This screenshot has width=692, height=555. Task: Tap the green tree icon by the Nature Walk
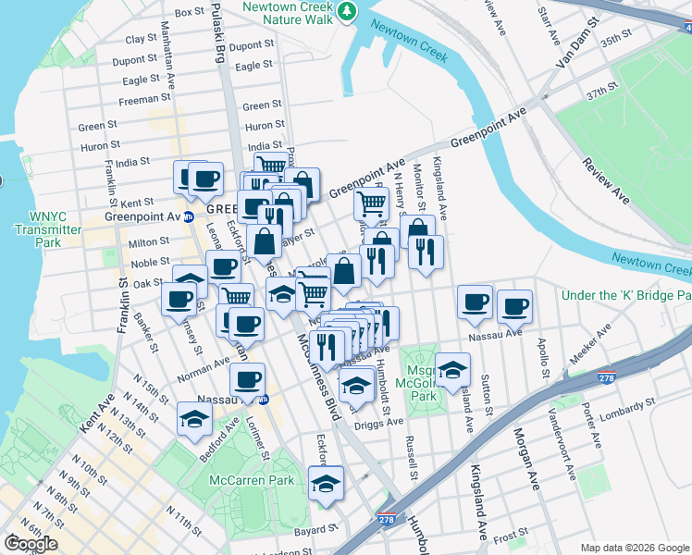pos(347,11)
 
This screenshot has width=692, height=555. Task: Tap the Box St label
pos(189,12)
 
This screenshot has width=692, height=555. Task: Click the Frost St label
pos(512,536)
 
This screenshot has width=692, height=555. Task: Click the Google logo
pos(31,544)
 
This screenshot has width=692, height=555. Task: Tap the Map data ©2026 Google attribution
pos(635,548)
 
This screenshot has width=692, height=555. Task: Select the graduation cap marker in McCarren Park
pos(326,484)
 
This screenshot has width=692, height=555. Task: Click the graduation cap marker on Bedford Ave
pos(194,418)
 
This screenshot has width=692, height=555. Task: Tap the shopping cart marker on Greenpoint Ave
pos(371,203)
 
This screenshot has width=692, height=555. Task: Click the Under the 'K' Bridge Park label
pos(626,295)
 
